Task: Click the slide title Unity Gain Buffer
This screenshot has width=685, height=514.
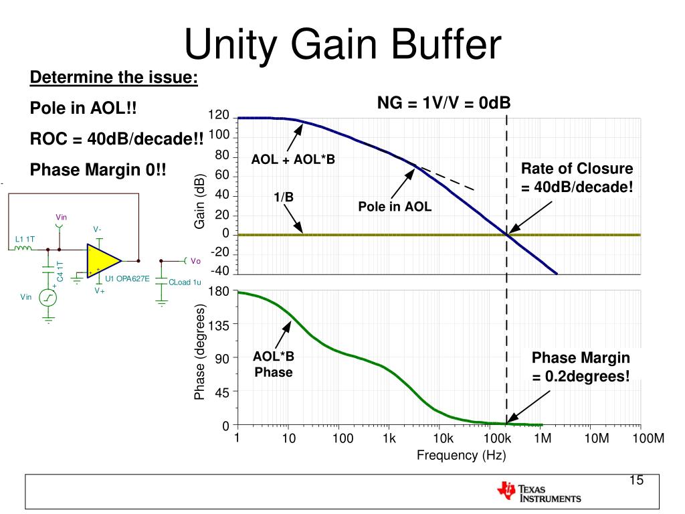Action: point(342,46)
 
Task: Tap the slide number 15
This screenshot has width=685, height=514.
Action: point(635,481)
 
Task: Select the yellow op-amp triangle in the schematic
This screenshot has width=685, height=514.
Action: point(102,260)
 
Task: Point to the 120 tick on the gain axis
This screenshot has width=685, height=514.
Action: point(219,116)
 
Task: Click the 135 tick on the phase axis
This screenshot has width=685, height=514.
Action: point(219,325)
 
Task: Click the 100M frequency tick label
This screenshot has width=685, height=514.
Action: point(649,439)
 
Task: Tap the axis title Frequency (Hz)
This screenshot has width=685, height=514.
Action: point(462,456)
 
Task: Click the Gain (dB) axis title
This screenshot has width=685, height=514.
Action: point(199,201)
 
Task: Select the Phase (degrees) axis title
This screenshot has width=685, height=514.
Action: point(199,352)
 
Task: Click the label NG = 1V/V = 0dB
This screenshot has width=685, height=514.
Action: point(444,102)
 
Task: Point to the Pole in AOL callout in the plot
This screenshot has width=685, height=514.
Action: point(395,207)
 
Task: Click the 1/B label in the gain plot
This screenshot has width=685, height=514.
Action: point(284,197)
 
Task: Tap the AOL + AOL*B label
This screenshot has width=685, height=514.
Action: point(293,160)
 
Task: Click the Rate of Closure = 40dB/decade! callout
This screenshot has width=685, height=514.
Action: point(577,177)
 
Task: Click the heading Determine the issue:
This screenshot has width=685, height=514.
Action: point(114,78)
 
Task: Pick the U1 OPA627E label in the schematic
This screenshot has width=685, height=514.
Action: point(127,278)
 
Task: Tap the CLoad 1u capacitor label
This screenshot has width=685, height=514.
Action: point(185,282)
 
